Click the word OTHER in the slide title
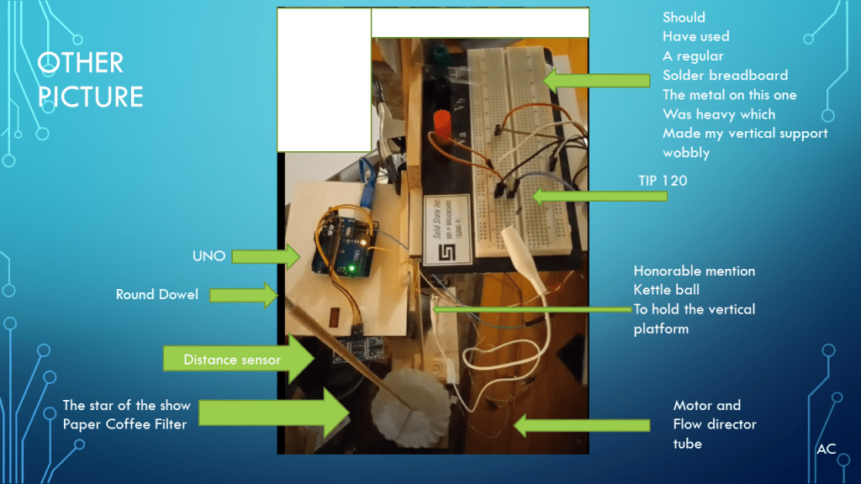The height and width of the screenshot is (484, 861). click(x=81, y=62)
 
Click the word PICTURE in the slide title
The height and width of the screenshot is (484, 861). click(x=91, y=96)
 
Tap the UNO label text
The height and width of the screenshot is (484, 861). click(x=209, y=255)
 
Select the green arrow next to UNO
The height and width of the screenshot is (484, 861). click(x=266, y=255)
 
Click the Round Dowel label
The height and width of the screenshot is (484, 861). click(x=158, y=294)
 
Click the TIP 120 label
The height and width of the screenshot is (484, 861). click(x=663, y=180)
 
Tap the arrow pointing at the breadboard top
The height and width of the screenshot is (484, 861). click(x=597, y=81)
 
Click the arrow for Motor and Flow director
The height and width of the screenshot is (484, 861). click(x=581, y=425)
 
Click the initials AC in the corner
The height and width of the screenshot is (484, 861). click(x=826, y=449)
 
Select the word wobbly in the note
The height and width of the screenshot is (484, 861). click(x=686, y=153)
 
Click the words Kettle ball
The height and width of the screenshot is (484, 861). click(x=666, y=290)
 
